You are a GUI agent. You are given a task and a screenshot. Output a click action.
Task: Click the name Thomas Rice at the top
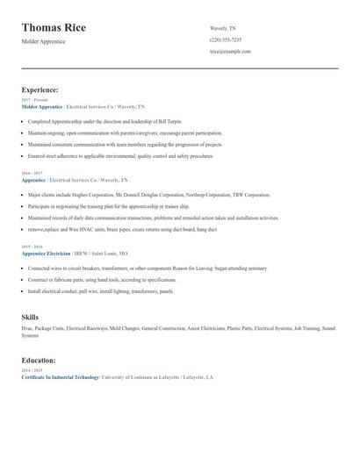click(54, 27)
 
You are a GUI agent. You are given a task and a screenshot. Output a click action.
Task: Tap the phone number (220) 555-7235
click(226, 40)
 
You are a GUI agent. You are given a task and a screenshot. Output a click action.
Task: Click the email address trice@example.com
click(230, 52)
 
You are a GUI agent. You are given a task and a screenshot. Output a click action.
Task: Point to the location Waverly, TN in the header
click(223, 29)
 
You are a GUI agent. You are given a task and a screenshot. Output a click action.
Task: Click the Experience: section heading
click(40, 89)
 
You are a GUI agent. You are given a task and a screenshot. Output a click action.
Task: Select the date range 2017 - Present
click(32, 100)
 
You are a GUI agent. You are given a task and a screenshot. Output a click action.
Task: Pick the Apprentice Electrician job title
click(45, 253)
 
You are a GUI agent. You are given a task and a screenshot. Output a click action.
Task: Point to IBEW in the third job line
click(80, 253)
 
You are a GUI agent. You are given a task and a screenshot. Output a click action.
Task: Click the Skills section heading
click(31, 316)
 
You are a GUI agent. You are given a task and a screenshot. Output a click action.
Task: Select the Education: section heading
click(39, 361)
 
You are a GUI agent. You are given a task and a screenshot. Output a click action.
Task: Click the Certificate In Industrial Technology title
click(60, 377)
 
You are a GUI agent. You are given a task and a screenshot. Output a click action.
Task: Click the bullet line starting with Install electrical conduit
click(100, 290)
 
